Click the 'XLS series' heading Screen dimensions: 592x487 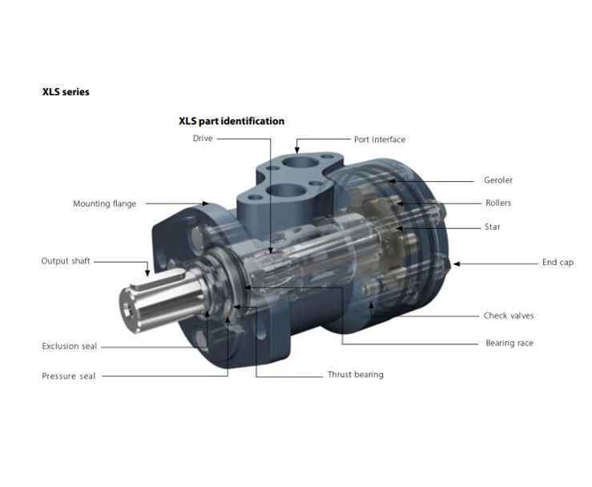click(66, 92)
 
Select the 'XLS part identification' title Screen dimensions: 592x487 click(232, 121)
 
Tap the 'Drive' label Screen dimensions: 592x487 click(203, 139)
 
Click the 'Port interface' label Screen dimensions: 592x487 click(380, 139)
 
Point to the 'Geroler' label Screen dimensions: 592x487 click(498, 180)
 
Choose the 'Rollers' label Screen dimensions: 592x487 click(498, 203)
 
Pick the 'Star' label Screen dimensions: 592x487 click(493, 227)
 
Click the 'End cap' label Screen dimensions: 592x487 click(558, 263)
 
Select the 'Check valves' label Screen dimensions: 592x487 click(509, 316)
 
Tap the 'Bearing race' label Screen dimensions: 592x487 click(509, 343)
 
